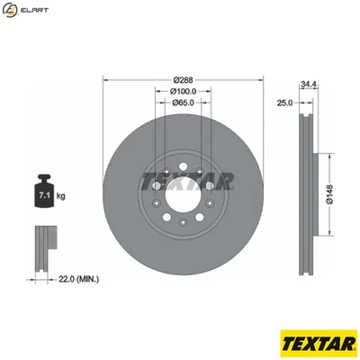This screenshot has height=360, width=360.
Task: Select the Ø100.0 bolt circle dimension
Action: point(184,91)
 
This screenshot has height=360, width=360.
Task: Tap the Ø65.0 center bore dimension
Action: point(184,102)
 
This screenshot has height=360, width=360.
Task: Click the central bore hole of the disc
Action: point(184,184)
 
